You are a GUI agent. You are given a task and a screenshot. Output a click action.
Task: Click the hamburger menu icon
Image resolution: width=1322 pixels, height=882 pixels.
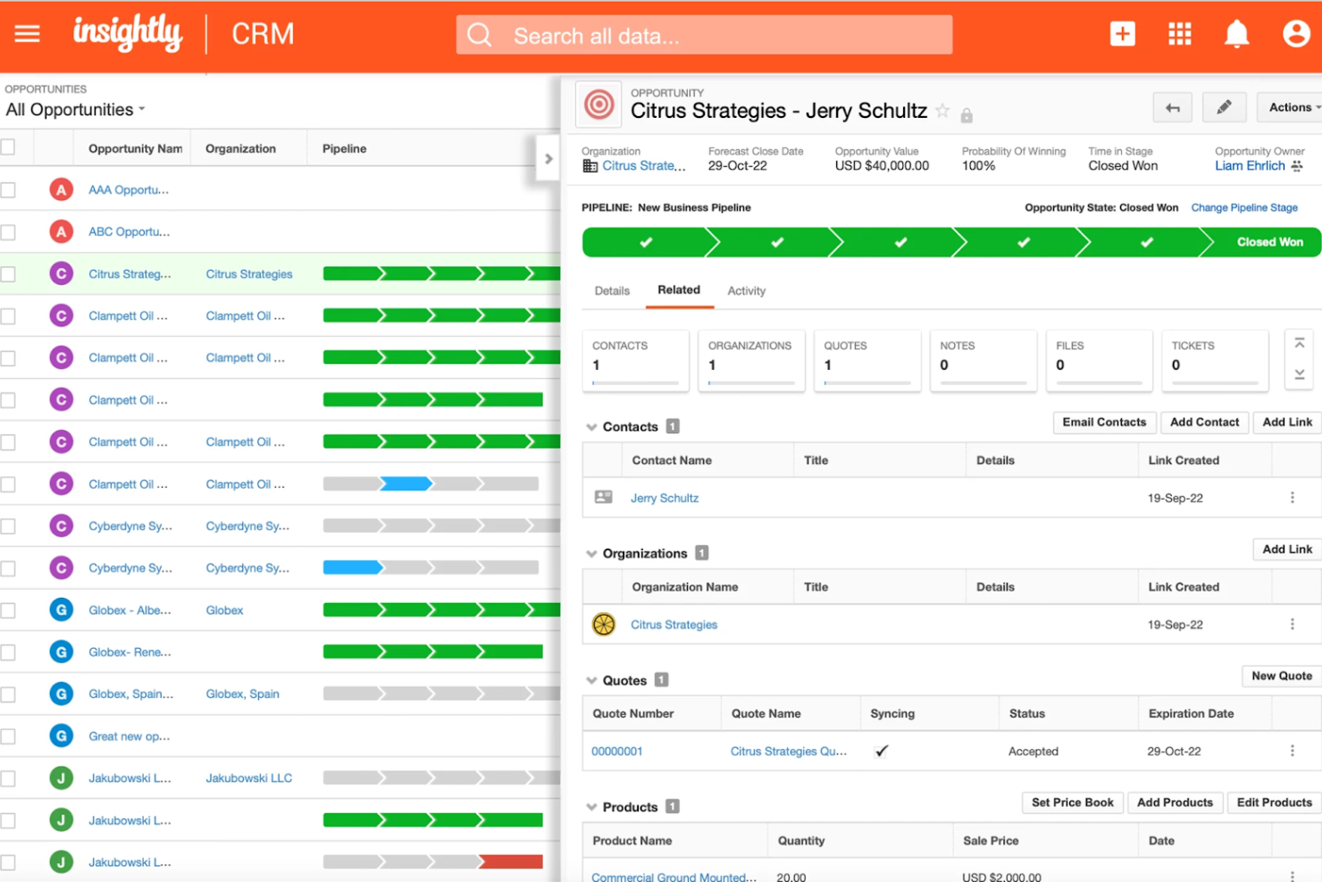28,34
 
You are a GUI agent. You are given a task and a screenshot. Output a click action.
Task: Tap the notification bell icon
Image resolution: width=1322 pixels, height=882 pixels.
1236,34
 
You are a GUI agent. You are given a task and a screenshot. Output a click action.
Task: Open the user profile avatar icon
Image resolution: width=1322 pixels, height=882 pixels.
1295,34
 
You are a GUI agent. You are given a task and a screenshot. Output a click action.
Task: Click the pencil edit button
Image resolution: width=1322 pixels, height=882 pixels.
1224,107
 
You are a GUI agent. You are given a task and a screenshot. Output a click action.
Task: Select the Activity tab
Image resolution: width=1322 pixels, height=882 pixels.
746,290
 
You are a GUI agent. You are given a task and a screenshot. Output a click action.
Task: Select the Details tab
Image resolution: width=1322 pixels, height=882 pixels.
612,290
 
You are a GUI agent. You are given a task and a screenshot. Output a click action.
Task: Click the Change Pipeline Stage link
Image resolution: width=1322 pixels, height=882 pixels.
1243,207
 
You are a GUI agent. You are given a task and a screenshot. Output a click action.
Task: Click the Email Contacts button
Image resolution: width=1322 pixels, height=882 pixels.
1104,422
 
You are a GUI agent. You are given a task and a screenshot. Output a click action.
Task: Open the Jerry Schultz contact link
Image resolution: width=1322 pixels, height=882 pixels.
665,498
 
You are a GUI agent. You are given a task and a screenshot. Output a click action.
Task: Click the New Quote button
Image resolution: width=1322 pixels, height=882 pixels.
1281,676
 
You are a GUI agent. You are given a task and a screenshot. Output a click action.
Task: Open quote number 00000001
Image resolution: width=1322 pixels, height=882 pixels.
616,752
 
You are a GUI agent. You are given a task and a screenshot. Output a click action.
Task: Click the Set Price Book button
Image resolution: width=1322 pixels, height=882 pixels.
1072,802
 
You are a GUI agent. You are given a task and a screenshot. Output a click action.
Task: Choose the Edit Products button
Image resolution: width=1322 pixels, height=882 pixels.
1274,802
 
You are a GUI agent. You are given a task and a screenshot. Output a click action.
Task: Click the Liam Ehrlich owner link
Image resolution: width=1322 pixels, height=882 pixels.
1250,165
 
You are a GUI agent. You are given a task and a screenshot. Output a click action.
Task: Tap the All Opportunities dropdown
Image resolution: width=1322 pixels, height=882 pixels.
76,110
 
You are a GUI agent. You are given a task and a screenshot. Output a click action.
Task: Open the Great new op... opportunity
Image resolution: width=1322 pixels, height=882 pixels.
129,736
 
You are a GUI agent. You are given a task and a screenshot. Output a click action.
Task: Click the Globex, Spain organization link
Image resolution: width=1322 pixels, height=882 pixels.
242,694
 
